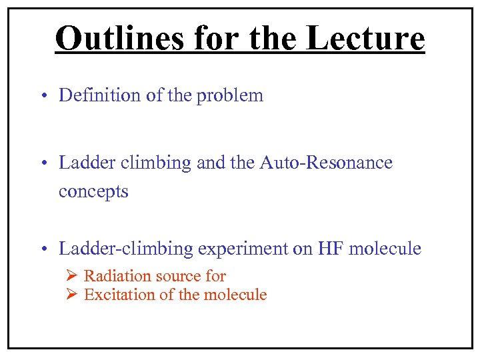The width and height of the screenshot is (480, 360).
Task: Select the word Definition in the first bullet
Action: coord(99,95)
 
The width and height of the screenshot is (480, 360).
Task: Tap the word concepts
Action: coord(93,192)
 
